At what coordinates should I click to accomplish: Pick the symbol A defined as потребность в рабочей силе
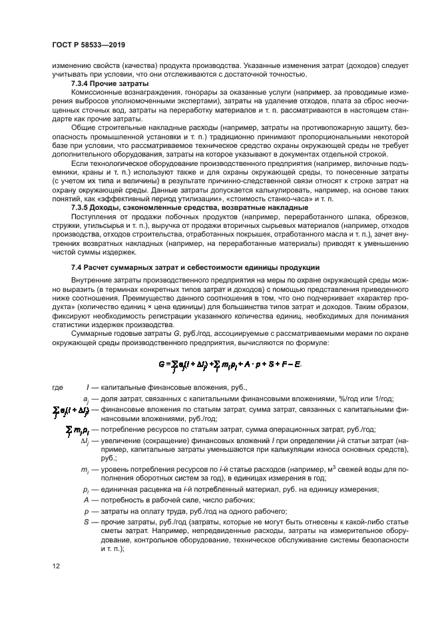pyautogui.click(x=87, y=500)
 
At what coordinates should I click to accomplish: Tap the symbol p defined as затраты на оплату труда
pyautogui.click(x=87, y=510)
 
